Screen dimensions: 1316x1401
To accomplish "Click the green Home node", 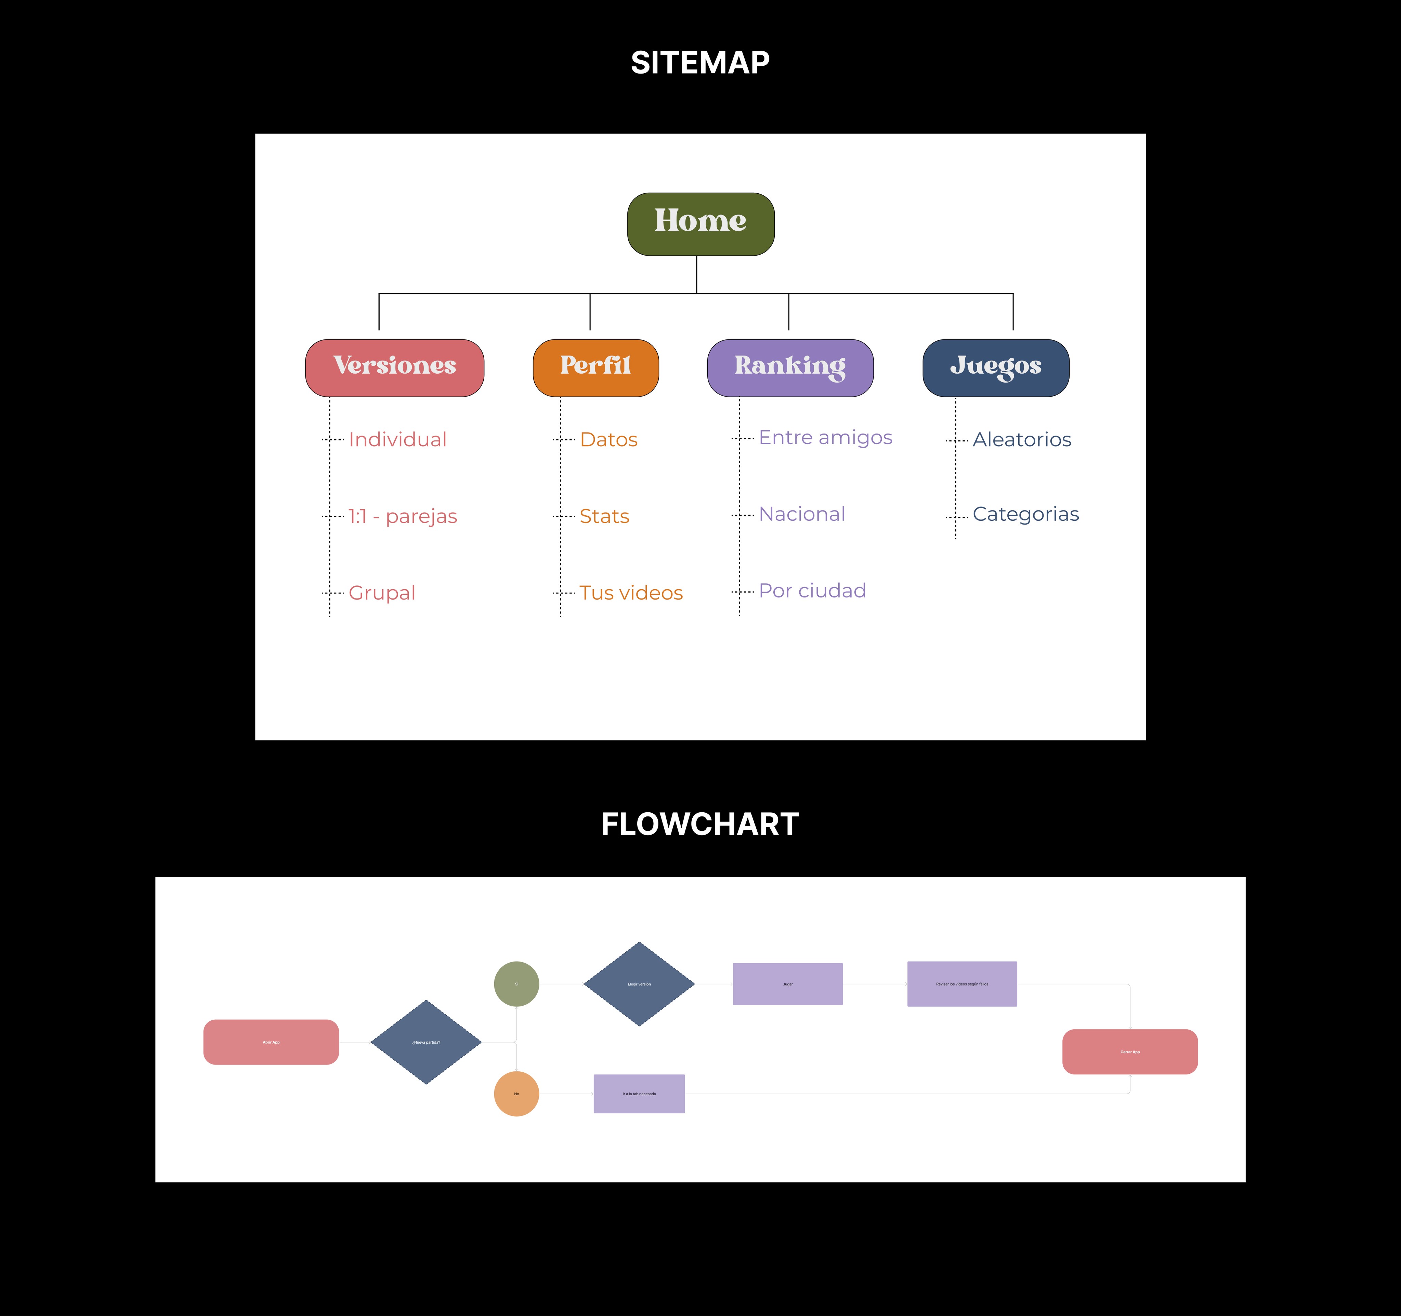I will (x=700, y=223).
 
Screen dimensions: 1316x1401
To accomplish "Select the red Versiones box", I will (x=395, y=367).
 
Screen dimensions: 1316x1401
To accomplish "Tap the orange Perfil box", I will (x=595, y=367).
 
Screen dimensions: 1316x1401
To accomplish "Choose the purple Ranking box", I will (x=790, y=367).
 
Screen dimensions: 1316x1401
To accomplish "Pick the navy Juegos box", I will (x=996, y=367).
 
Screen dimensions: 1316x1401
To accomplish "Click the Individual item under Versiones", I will (x=397, y=440).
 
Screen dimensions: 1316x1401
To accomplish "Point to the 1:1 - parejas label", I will (x=402, y=517).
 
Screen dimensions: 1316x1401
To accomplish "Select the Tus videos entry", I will (x=631, y=593).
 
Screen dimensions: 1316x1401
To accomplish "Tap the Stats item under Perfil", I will (x=604, y=517).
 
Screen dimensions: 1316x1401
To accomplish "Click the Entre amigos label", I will (x=825, y=438).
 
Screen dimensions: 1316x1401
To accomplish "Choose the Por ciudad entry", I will (x=812, y=591).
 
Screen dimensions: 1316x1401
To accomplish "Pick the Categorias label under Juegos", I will (x=1025, y=515).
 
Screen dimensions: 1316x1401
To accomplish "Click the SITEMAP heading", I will (x=700, y=63).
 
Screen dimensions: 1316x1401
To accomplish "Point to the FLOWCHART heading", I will (x=700, y=824).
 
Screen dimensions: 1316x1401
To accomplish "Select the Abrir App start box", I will (x=271, y=1042).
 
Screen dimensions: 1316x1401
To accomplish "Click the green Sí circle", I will (x=516, y=984).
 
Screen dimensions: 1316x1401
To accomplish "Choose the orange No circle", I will (x=516, y=1094).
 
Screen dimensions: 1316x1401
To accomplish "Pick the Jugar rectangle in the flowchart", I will (x=788, y=984).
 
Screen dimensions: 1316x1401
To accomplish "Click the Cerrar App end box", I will (x=1130, y=1052).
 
